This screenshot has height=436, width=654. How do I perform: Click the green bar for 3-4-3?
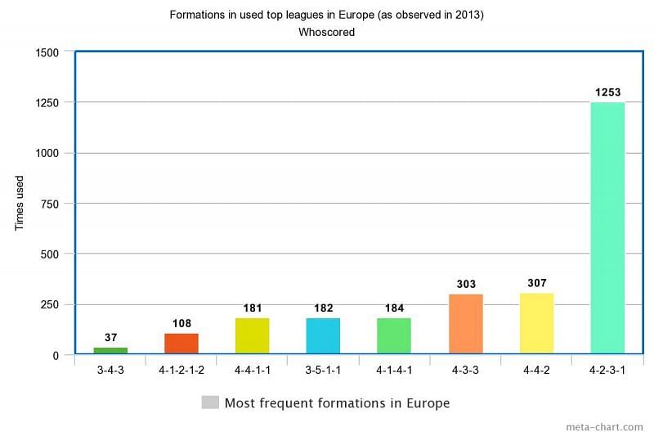(110, 351)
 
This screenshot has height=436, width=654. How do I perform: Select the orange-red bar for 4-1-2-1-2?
(181, 344)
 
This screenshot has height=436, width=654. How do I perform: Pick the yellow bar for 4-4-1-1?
(252, 336)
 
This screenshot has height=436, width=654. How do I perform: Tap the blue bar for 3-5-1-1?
(323, 336)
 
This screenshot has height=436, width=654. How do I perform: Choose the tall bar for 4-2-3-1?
(607, 228)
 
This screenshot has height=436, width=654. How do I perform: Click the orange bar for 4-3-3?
(465, 324)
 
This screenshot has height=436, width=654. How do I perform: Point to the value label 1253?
(607, 92)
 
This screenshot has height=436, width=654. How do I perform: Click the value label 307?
(536, 283)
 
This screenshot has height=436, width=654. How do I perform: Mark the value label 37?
(110, 337)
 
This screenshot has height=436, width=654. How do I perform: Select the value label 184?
(394, 308)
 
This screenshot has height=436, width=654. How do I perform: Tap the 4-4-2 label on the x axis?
(536, 370)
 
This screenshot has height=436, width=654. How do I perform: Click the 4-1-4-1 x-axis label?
(394, 370)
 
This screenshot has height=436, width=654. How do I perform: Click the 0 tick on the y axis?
(56, 355)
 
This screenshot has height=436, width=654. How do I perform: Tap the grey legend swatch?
(210, 402)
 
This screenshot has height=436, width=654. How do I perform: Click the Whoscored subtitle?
(327, 33)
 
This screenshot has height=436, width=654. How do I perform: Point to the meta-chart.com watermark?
(604, 427)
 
